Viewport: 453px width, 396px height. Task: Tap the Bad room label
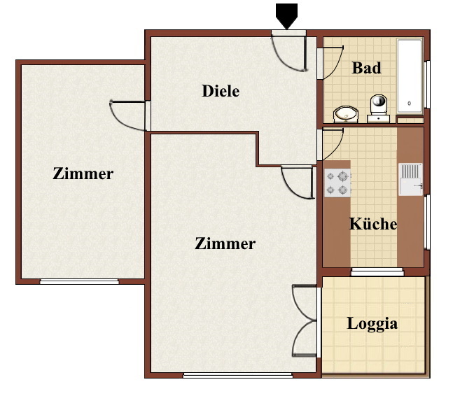pos(366,68)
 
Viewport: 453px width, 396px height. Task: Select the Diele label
pos(221,91)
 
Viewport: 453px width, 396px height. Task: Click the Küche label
pos(373,224)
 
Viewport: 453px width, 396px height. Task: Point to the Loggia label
pos(372,324)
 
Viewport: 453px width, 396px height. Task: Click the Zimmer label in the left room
pos(83,174)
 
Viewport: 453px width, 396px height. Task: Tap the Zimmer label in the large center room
pos(225,243)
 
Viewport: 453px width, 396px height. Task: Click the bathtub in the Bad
pos(410,76)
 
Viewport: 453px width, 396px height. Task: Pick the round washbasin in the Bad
pos(346,114)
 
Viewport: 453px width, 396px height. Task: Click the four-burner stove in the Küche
pos(337,183)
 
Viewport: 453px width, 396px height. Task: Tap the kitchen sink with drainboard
pos(410,180)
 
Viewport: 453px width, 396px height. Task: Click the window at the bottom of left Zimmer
pos(79,281)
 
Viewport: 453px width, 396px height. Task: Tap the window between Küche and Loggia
pos(377,271)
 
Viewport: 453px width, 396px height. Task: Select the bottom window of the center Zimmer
pos(238,375)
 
